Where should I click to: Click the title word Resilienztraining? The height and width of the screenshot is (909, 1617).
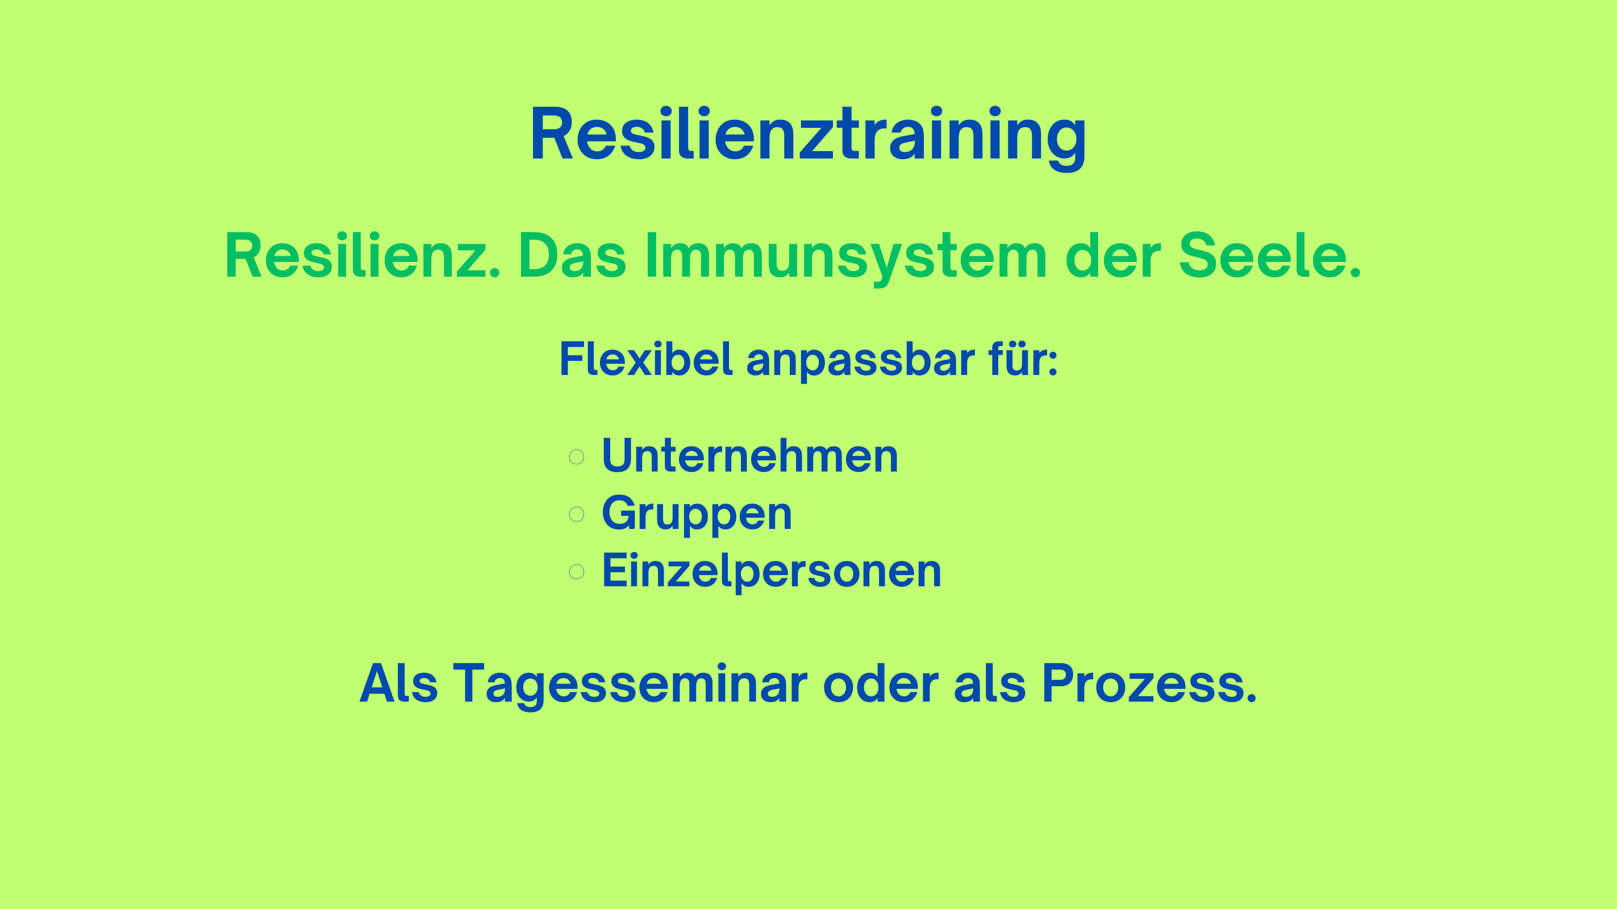coord(808,137)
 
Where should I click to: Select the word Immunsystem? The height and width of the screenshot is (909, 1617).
coord(845,257)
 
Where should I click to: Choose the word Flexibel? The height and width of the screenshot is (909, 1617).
coord(646,359)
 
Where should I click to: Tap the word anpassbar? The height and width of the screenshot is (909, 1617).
coord(861,361)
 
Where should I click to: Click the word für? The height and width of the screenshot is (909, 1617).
coord(1023,359)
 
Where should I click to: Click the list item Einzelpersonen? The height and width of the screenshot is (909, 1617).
coord(772,572)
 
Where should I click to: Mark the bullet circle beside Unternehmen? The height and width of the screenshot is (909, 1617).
coord(576,456)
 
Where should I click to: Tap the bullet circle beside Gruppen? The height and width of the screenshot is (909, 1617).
coord(576,514)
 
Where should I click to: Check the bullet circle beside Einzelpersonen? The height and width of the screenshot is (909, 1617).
coord(576,572)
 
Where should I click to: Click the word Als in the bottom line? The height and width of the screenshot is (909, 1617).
coord(399,682)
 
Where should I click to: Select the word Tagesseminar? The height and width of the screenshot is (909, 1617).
coord(630,686)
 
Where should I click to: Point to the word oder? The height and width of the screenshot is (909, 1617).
coord(881,682)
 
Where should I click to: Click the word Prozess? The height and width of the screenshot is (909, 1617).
coord(1149,682)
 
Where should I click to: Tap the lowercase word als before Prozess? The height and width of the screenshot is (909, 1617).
coord(990,682)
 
